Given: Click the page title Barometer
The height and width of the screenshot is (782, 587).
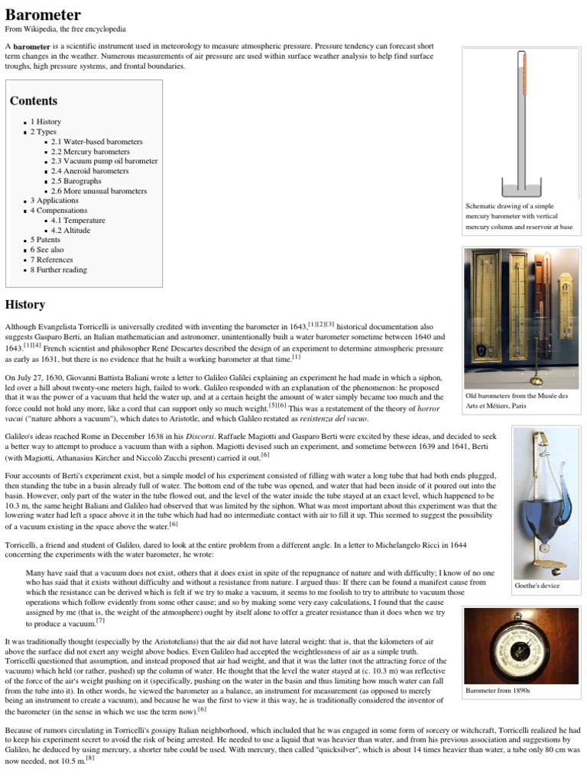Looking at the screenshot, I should (x=43, y=14).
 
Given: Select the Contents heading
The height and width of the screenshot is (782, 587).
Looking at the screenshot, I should (x=33, y=101).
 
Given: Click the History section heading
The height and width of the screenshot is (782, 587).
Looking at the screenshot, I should (x=25, y=305).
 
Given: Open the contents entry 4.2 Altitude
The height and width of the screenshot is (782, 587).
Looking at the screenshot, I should (x=71, y=230).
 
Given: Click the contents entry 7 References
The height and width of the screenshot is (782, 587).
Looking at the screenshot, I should (x=53, y=260).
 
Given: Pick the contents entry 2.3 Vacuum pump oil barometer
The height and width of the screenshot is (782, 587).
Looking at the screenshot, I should (x=105, y=161).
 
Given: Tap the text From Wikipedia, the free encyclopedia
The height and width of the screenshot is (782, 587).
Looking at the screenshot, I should (x=66, y=30).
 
